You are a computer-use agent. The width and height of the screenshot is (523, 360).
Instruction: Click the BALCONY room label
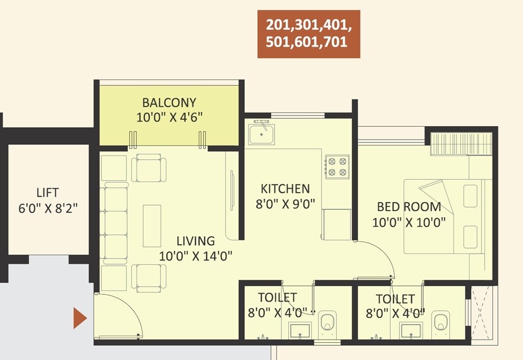(169, 102)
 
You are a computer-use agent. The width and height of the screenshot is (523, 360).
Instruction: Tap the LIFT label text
(48, 193)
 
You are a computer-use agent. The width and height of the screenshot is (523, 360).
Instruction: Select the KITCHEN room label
(285, 188)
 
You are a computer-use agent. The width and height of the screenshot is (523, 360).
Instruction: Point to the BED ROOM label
(408, 206)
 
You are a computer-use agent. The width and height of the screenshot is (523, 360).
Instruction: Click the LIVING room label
(195, 241)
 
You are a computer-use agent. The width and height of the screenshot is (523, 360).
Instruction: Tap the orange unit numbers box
(309, 33)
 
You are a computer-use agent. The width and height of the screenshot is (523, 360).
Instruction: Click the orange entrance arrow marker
(79, 318)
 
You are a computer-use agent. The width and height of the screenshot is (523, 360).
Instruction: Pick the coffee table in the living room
(152, 226)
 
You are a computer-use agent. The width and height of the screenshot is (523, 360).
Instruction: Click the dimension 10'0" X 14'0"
(196, 256)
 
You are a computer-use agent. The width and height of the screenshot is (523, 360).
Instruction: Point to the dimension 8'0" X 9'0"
(285, 204)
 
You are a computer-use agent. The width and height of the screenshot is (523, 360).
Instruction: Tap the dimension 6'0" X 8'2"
(48, 208)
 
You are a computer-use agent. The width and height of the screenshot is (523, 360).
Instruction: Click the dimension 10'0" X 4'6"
(169, 117)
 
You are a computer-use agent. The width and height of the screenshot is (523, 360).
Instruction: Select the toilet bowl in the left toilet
(328, 321)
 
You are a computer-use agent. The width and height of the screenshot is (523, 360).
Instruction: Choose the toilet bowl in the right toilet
(441, 321)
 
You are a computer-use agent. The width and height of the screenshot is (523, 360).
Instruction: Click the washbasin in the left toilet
(300, 330)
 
